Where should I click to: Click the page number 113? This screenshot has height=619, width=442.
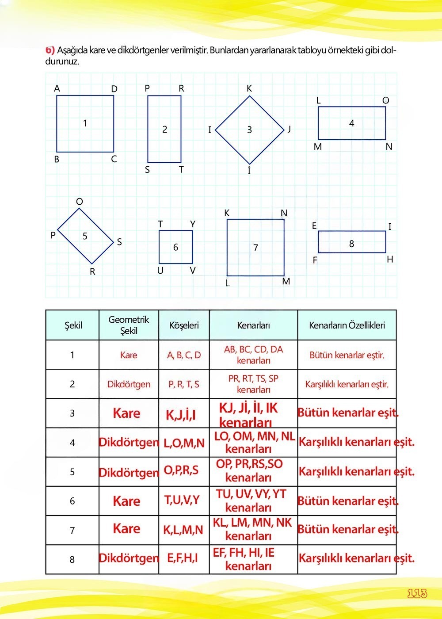pos(417,593)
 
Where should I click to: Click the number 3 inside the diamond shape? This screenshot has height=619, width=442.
pos(249,130)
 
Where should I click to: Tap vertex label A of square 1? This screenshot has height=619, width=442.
pos(57,89)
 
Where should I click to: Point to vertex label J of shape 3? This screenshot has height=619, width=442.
pos(289,129)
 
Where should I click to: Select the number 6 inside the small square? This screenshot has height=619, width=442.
pos(175,247)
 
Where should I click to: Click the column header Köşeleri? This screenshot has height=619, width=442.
pos(184,325)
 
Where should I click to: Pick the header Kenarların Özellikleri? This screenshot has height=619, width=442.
pos(347,325)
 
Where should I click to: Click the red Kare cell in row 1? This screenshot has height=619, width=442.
pos(129,355)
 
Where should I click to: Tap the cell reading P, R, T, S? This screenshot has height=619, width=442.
pos(184,384)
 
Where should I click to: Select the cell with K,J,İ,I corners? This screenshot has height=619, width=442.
pos(181,415)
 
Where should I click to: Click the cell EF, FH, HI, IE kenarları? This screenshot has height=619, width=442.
pos(248,559)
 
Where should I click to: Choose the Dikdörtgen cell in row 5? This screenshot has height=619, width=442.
pos(129,472)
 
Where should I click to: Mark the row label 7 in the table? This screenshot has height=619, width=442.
pos(72,530)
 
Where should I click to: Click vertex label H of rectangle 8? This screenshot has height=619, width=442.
pos(390,260)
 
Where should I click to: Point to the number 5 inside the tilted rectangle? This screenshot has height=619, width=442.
pos(85,236)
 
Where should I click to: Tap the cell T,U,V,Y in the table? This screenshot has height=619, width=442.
pos(182,500)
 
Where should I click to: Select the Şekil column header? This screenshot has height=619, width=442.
pos(73,325)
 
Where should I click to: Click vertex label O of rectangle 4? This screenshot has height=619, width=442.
pos(385,101)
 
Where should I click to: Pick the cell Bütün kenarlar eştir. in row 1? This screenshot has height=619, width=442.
pos(347,355)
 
